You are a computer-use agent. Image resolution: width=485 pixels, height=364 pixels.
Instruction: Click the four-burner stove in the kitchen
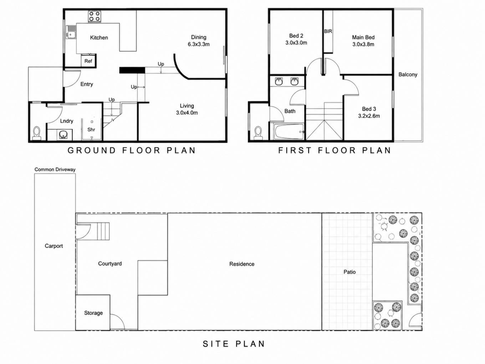pyautogui.click(x=95, y=16)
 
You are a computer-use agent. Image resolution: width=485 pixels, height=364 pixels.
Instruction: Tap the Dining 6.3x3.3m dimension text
pyautogui.click(x=199, y=44)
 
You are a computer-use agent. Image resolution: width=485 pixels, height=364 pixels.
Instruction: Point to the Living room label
pyautogui.click(x=187, y=106)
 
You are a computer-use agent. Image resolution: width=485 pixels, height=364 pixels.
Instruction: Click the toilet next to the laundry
pyautogui.click(x=37, y=133)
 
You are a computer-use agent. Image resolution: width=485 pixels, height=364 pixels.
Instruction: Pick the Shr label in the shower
pyautogui.click(x=91, y=130)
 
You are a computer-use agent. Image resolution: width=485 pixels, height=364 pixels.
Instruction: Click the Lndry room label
pyautogui.click(x=66, y=121)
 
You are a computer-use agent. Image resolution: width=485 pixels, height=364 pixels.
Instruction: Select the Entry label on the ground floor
pyautogui.click(x=87, y=84)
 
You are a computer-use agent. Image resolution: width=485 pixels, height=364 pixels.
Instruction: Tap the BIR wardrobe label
pyautogui.click(x=328, y=31)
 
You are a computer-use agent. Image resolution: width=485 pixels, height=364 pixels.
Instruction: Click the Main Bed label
pyautogui.click(x=363, y=37)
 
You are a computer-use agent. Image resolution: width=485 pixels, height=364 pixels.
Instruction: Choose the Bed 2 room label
pyautogui.click(x=296, y=36)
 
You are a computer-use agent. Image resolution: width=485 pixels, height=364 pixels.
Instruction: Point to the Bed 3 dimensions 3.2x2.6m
pyautogui.click(x=369, y=116)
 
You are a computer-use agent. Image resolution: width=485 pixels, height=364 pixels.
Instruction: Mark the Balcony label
pyautogui.click(x=408, y=75)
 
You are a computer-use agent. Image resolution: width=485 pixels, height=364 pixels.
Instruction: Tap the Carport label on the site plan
pyautogui.click(x=54, y=246)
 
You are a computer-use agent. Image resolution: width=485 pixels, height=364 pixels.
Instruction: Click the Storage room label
pyautogui.click(x=93, y=313)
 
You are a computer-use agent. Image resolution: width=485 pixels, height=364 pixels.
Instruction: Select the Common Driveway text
pyautogui.click(x=55, y=170)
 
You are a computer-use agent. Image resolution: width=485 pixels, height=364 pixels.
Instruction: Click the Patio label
pyautogui.click(x=349, y=272)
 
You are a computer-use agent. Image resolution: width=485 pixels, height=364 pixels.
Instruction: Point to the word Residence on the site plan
pyautogui.click(x=242, y=264)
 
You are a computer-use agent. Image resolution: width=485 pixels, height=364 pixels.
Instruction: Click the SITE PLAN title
pyautogui.click(x=234, y=344)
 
